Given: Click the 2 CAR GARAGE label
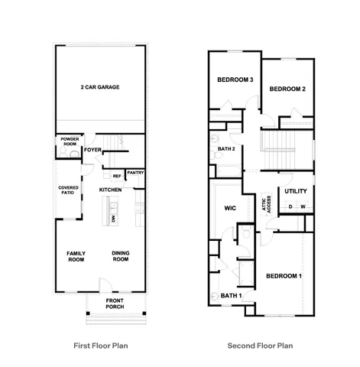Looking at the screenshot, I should pos(100,87).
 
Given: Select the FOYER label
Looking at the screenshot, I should pos(93,149).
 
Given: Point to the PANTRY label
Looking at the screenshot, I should pos(135,173).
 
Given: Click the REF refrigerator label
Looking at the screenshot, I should pos(117,176).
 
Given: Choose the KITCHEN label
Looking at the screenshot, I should pos(111,189).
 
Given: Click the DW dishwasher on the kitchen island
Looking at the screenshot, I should pos(113,219).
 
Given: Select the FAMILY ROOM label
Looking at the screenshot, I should pos(76,257).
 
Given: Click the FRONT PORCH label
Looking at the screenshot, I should pos(115,304).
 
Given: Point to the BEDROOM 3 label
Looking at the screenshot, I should pos(235,80).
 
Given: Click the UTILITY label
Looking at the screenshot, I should pos(296,191).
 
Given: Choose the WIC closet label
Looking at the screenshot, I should pos(229,208).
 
